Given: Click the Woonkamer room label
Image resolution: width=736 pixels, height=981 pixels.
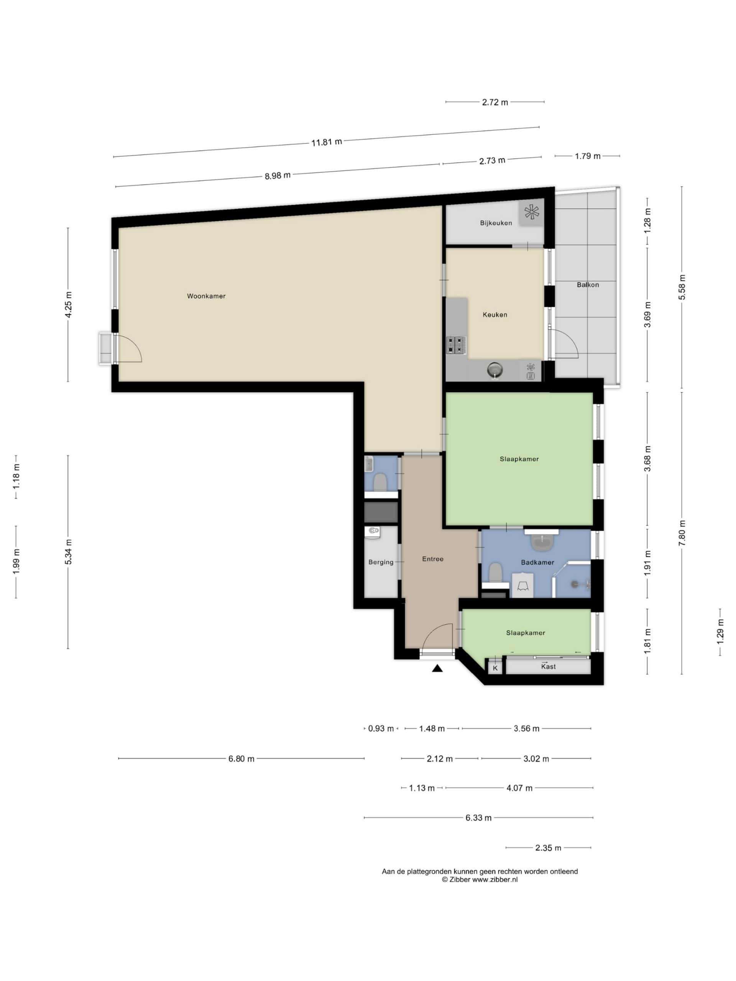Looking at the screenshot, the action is tap(206, 296).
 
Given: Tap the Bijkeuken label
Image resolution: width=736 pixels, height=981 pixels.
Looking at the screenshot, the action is tap(496, 223).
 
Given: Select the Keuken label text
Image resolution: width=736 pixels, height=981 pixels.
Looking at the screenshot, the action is tap(495, 315).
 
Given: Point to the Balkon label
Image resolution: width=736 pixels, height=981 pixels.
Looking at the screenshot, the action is tap(587, 285).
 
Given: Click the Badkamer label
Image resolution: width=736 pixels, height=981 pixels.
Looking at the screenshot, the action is tap(537, 562).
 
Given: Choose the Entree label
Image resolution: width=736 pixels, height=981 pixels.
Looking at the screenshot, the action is tap(432, 559).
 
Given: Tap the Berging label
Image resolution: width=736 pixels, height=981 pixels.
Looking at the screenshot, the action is tap(381, 562).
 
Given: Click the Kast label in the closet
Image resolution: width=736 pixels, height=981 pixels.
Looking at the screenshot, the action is tap(548, 666).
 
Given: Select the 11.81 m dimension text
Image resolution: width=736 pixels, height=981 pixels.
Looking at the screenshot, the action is tap(327, 143).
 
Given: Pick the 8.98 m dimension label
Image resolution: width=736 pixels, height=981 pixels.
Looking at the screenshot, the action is tap(278, 176).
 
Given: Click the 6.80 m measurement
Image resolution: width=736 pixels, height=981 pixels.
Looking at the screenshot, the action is tap(242, 759).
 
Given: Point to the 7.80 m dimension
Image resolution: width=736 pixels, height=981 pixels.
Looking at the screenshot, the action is tap(682, 533).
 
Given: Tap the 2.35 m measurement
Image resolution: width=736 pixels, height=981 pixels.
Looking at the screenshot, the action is tap(548, 848).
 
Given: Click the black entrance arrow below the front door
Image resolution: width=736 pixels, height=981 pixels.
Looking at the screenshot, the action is tap(437, 668).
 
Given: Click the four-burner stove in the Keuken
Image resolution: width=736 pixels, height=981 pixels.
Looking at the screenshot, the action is tap(456, 345).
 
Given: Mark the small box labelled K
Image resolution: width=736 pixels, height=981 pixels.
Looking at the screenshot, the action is tap(495, 668).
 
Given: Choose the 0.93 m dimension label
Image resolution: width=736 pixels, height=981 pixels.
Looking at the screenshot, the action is tap(381, 728).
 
